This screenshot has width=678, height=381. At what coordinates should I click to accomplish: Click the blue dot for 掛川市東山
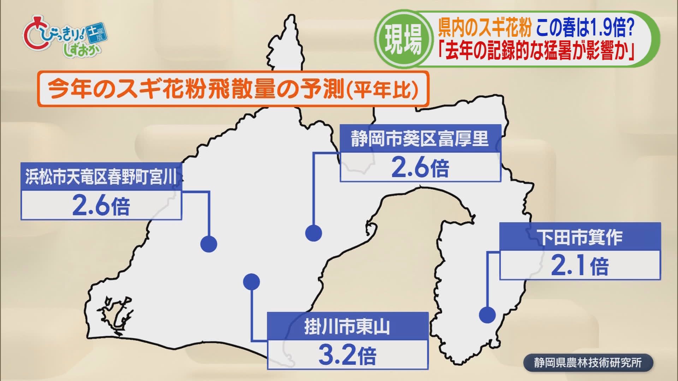(252, 282)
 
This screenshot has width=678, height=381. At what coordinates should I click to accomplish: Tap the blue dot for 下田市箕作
(487, 315)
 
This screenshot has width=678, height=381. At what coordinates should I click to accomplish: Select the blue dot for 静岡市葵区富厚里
(314, 233)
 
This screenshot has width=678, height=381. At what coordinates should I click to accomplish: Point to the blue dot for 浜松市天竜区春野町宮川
(209, 244)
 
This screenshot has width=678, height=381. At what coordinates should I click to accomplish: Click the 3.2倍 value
(347, 355)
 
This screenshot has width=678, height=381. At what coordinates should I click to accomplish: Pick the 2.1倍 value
(580, 266)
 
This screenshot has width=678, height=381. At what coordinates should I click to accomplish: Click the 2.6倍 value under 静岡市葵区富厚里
(420, 168)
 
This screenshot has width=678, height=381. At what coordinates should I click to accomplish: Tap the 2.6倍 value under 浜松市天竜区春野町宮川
(101, 206)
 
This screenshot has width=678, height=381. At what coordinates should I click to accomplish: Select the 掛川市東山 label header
(347, 326)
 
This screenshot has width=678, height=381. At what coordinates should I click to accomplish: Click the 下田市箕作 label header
(580, 237)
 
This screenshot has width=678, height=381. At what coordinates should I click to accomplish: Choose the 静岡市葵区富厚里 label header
(420, 139)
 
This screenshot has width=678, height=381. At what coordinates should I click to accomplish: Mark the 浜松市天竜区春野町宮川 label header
(101, 176)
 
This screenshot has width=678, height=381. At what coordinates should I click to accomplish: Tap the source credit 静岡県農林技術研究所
(588, 363)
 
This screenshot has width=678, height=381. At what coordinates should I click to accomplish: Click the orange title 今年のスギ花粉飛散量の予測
(196, 89)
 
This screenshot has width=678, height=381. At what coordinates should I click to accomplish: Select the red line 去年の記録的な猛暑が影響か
(537, 52)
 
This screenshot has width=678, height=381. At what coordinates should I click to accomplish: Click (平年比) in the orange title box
(381, 90)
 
